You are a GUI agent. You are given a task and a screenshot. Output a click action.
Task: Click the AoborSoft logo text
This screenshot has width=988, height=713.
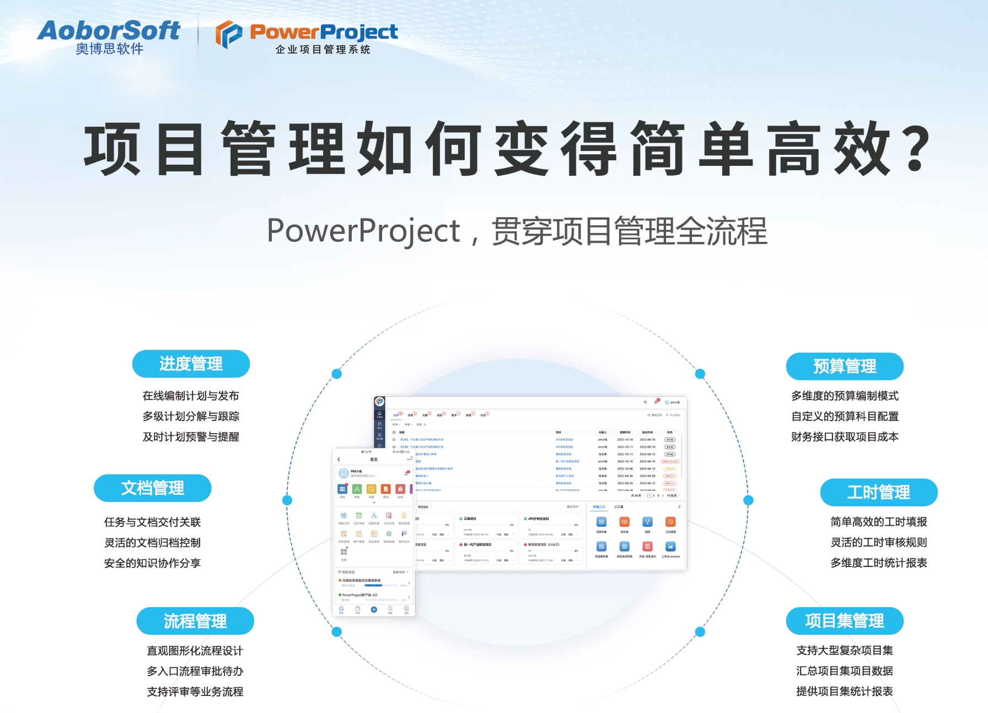tap(109, 30)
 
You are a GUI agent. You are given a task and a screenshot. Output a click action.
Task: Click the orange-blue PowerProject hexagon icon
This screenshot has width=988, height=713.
tap(228, 34)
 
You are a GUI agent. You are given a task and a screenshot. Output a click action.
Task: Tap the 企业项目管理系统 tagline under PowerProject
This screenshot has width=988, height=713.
tap(323, 50)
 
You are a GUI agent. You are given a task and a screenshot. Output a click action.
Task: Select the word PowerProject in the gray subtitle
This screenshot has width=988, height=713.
tap(363, 230)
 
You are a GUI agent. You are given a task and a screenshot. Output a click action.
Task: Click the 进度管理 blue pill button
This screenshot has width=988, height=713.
tap(191, 364)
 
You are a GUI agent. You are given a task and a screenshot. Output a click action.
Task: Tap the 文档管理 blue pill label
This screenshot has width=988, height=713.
tap(153, 488)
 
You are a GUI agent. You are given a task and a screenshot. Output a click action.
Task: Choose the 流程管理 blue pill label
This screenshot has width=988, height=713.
tap(195, 621)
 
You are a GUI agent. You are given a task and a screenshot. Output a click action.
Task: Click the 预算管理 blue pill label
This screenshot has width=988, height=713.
tap(844, 366)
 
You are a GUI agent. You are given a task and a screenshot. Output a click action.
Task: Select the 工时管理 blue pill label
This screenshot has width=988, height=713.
tap(878, 492)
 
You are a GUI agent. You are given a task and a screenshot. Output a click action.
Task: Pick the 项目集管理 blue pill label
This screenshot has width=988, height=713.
tap(844, 621)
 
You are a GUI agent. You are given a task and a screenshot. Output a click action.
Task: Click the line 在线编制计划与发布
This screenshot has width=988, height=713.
tap(191, 396)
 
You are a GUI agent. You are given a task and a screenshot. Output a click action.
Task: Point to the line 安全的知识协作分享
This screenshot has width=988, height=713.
tap(153, 563)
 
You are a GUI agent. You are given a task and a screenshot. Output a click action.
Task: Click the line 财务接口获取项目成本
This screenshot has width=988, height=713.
tap(845, 437)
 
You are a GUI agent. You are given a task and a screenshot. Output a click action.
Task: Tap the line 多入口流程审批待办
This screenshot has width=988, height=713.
tap(195, 671)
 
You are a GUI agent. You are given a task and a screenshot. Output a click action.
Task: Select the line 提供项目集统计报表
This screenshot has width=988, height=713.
tap(844, 692)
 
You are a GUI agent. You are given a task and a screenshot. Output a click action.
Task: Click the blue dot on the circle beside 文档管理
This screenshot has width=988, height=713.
tap(287, 500)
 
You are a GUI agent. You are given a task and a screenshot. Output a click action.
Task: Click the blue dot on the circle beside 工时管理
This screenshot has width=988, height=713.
tap(748, 500)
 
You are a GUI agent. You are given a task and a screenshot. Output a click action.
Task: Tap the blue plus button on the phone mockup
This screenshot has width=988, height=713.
tap(374, 609)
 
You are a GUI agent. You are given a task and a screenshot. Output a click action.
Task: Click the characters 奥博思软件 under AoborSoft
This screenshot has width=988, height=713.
tap(109, 49)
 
